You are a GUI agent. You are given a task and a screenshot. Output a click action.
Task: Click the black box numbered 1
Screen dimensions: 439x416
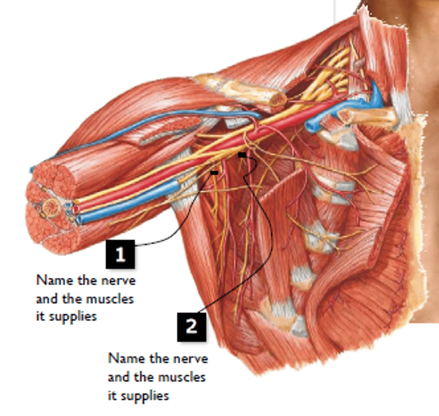(120, 254)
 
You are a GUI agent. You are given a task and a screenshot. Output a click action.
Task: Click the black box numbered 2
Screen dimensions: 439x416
(191, 327)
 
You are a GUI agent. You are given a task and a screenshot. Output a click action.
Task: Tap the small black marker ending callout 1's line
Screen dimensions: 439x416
(214, 173)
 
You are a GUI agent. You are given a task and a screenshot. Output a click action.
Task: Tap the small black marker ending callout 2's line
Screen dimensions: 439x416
(242, 155)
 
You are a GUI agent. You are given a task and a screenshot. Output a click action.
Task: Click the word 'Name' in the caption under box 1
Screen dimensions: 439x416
(55, 280)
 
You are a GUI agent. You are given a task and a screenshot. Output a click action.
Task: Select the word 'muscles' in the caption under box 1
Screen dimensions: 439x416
(110, 299)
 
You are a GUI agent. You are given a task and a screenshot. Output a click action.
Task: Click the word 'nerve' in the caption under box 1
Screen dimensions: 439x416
(118, 281)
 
